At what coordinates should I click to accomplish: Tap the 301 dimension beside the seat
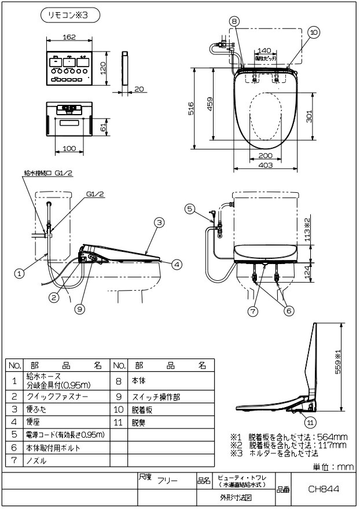click(310, 116)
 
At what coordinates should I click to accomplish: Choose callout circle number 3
click(160, 222)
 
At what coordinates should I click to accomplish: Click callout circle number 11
click(311, 421)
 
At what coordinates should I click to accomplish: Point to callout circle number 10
click(313, 33)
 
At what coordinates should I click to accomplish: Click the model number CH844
click(323, 489)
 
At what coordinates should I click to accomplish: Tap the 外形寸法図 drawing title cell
click(234, 498)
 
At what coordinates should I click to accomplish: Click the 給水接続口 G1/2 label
click(48, 173)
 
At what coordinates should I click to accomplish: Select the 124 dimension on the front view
click(310, 270)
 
